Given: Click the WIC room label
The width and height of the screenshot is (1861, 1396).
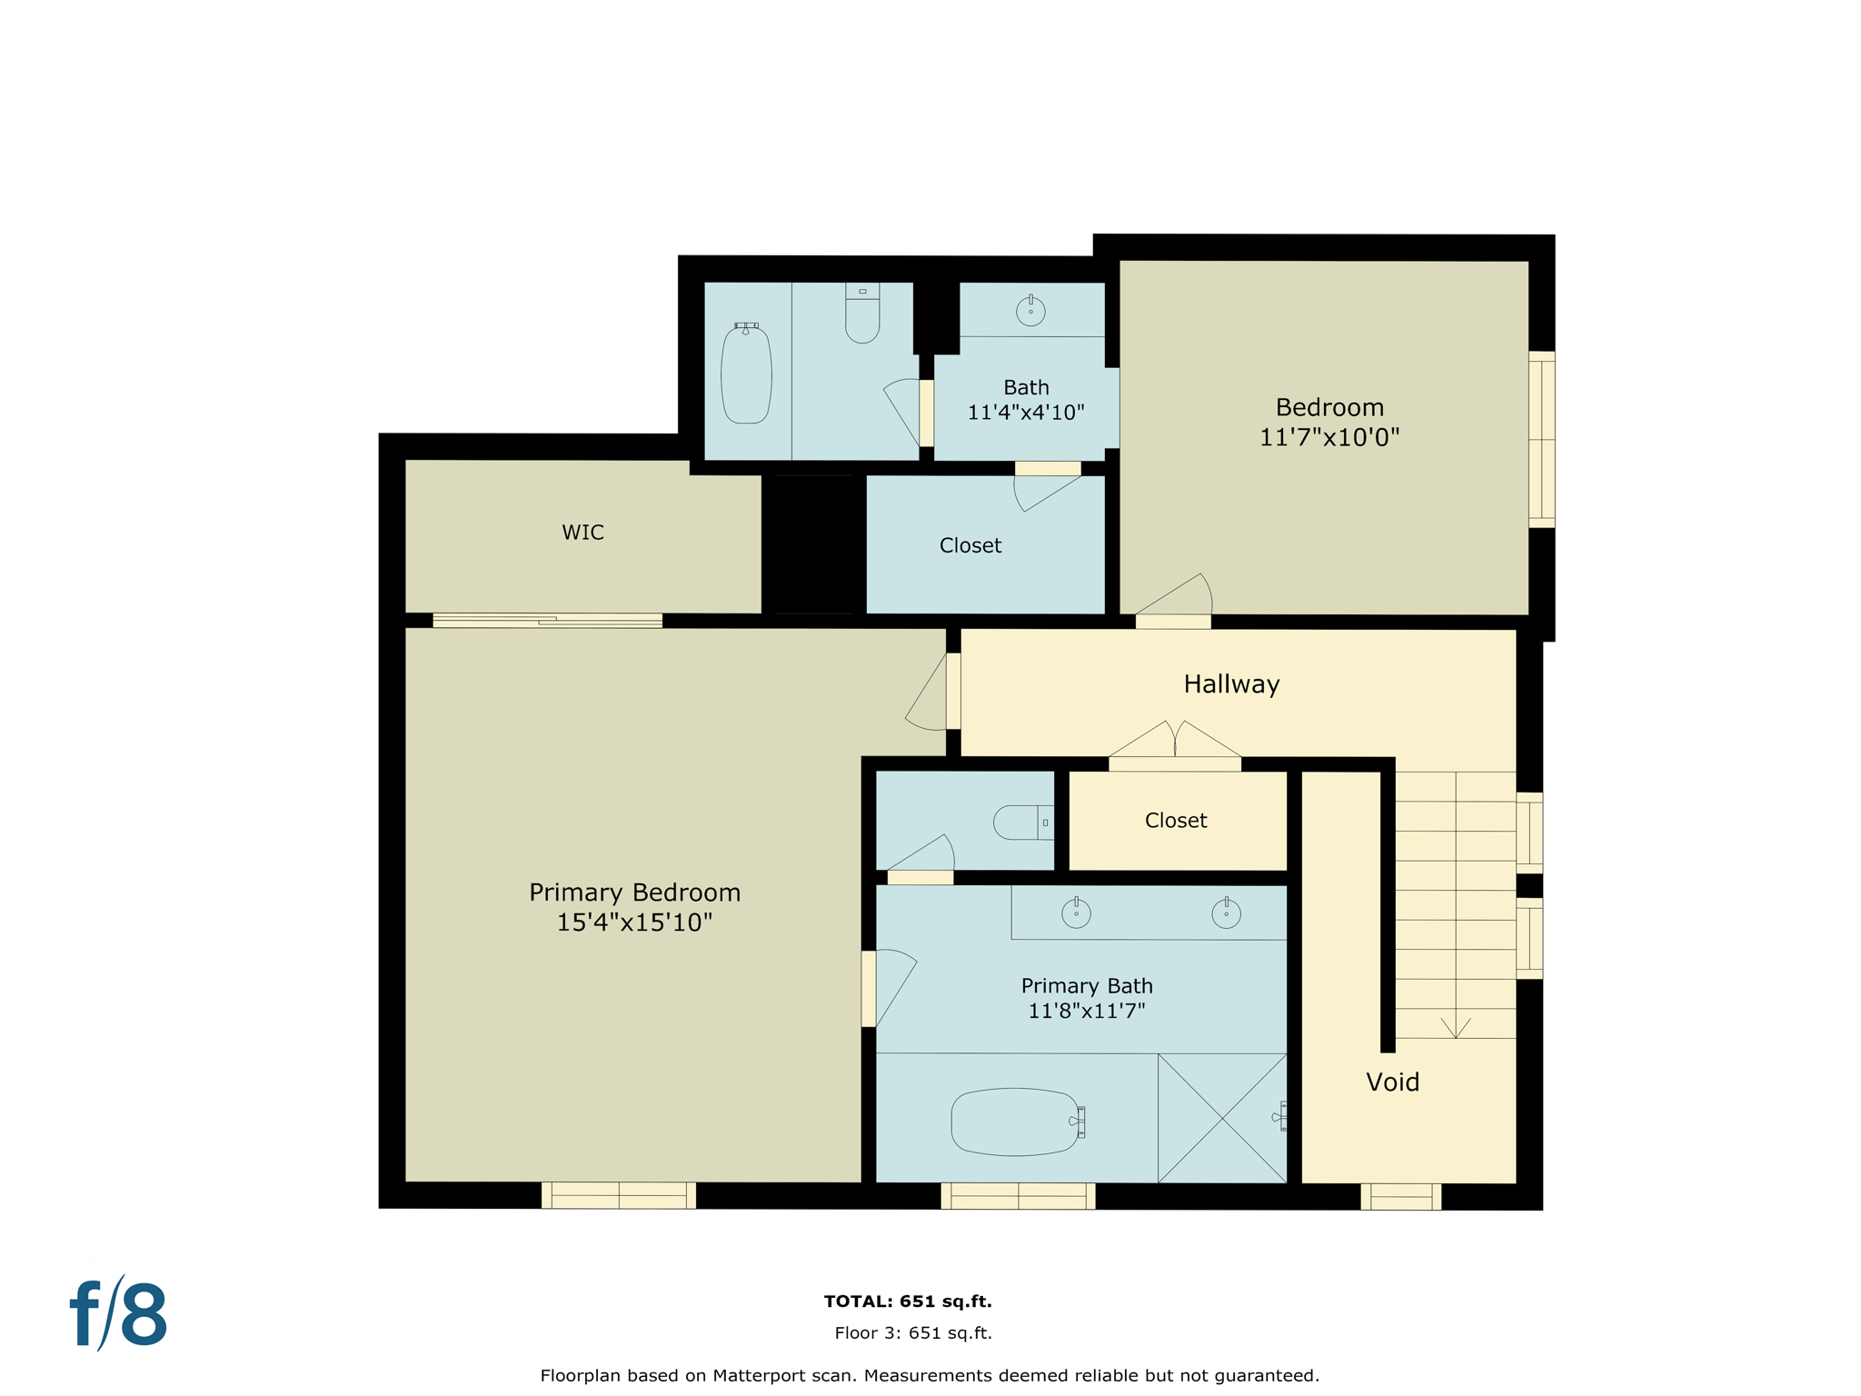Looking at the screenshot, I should (x=582, y=533).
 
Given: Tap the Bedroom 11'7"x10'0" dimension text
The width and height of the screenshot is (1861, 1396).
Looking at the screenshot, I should (x=1329, y=437).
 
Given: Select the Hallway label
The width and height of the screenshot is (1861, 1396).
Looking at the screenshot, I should (x=1231, y=684).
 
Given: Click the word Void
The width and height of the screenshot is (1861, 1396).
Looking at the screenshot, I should (x=1392, y=1082).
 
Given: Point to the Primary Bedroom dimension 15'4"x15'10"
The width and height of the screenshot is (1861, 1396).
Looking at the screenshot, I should (x=634, y=922).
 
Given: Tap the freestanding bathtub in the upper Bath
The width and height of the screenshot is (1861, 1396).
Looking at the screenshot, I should (x=746, y=374).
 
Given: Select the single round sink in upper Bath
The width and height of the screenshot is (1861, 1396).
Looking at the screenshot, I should (x=1030, y=311).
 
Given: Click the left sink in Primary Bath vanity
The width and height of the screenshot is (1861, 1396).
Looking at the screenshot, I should (x=1076, y=912).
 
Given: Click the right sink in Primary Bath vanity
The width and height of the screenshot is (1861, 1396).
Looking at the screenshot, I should (x=1226, y=912).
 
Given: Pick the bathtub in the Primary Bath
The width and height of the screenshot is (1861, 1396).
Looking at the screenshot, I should (x=1016, y=1122).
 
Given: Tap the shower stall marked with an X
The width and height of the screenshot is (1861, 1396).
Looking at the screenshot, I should (x=1222, y=1118).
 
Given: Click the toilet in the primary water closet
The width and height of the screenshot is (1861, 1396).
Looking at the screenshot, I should (x=1020, y=823).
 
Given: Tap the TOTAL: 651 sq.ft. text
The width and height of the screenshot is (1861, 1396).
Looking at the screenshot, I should (x=908, y=1301).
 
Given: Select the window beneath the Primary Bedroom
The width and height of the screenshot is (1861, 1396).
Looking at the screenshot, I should (x=619, y=1195).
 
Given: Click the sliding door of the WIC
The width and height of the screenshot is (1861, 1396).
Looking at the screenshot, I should (x=547, y=621).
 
